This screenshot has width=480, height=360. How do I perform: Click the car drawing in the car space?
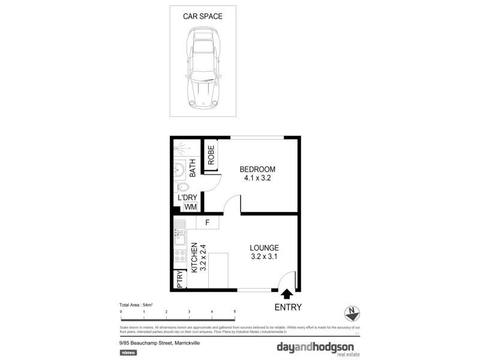click(x=202, y=72)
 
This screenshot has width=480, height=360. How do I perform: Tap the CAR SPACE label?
click(x=202, y=16)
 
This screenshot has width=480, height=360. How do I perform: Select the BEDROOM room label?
click(x=257, y=169)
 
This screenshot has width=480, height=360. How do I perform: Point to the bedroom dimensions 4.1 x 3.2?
click(x=257, y=178)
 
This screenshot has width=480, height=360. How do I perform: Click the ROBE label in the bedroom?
click(x=211, y=155)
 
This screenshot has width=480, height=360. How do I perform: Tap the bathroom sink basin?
click(x=179, y=169)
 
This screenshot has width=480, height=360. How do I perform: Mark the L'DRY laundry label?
click(x=187, y=197)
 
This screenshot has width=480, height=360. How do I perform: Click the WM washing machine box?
click(x=190, y=207)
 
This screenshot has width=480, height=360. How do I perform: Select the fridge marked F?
click(x=207, y=223)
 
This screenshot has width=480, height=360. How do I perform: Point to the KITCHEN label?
click(x=194, y=259)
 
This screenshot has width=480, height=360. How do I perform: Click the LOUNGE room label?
click(x=264, y=248)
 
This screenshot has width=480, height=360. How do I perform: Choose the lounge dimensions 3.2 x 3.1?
click(x=264, y=257)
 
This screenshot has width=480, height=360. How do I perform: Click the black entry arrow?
click(x=286, y=293)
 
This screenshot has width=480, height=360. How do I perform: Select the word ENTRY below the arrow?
click(x=288, y=307)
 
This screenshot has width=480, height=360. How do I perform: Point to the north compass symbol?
click(x=353, y=313)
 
